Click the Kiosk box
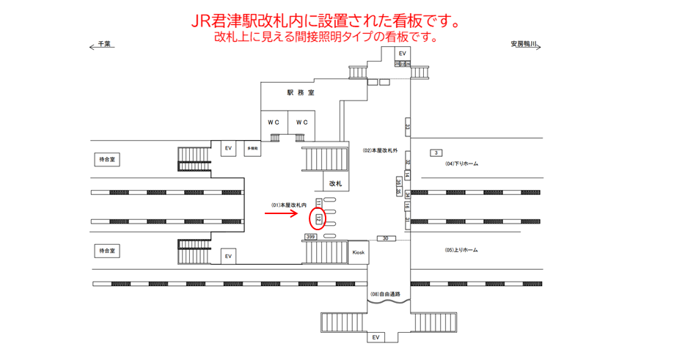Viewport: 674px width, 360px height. coord(358,252)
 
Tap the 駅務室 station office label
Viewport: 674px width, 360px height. coord(301,93)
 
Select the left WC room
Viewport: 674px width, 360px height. coord(274,122)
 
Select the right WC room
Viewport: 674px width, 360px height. coord(301,122)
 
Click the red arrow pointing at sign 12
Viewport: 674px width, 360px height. coord(281,214)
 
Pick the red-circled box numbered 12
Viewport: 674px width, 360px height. coord(318,218)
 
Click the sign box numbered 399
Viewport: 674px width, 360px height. coord(311,238)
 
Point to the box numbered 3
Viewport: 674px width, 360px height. coord(436,153)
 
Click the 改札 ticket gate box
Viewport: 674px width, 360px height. coord(335,183)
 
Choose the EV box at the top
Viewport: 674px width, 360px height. coord(403,54)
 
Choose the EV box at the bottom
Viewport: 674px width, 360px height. coord(376,337)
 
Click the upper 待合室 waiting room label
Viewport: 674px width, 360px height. coord(109,159)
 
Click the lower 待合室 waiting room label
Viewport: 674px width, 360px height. coord(109,251)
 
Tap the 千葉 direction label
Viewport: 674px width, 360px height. coord(103,44)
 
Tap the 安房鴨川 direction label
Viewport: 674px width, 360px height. coord(524,44)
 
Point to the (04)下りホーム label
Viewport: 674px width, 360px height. coord(462,164)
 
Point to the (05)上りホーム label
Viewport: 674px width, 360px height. coord(462,250)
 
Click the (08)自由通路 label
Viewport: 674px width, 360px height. coord(390,294)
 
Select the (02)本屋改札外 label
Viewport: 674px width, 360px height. coord(380,150)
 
